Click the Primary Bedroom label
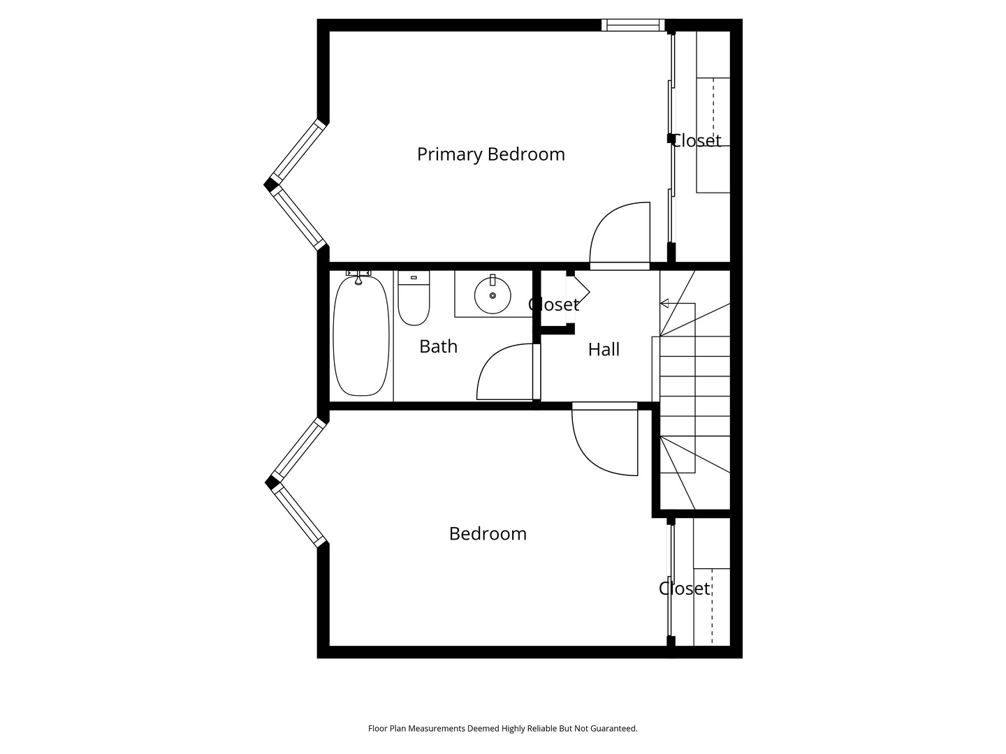pyautogui.click(x=490, y=154)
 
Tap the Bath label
pyautogui.click(x=438, y=346)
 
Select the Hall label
pyautogui.click(x=604, y=349)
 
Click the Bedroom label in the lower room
pyautogui.click(x=488, y=534)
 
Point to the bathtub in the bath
pyautogui.click(x=360, y=336)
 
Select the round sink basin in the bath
pyautogui.click(x=493, y=295)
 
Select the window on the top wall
pyautogui.click(x=633, y=26)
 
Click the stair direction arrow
pyautogui.click(x=664, y=303)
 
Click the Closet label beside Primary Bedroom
pyautogui.click(x=696, y=141)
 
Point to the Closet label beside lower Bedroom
pyautogui.click(x=684, y=589)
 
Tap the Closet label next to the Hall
pyautogui.click(x=553, y=305)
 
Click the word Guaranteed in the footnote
pyautogui.click(x=612, y=729)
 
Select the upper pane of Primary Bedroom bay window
pyautogui.click(x=298, y=149)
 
